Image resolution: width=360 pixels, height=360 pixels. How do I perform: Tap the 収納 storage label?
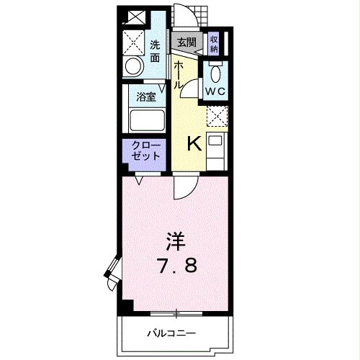214,44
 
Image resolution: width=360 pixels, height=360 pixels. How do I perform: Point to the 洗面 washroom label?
155,50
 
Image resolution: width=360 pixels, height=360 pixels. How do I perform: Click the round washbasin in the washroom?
134,67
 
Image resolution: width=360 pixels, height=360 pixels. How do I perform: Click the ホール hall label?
177,74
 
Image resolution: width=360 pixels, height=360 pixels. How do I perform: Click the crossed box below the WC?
216,115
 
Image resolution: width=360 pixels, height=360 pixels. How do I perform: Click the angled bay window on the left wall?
112,272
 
